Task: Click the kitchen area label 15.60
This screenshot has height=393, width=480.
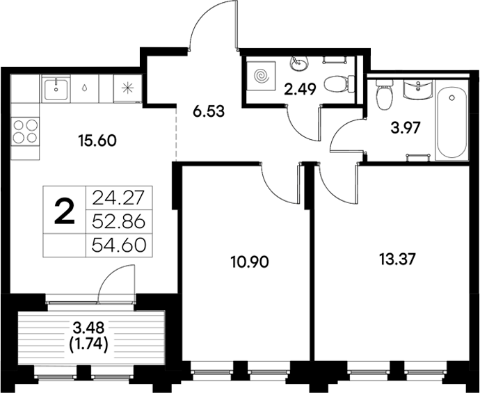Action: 97,139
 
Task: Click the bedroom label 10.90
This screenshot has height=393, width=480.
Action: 249,262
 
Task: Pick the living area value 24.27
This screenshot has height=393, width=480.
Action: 118,197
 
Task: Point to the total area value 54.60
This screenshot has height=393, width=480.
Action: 118,246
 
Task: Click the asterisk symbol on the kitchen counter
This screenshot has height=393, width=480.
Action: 127,88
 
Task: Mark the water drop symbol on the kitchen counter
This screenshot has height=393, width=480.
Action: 84,88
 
